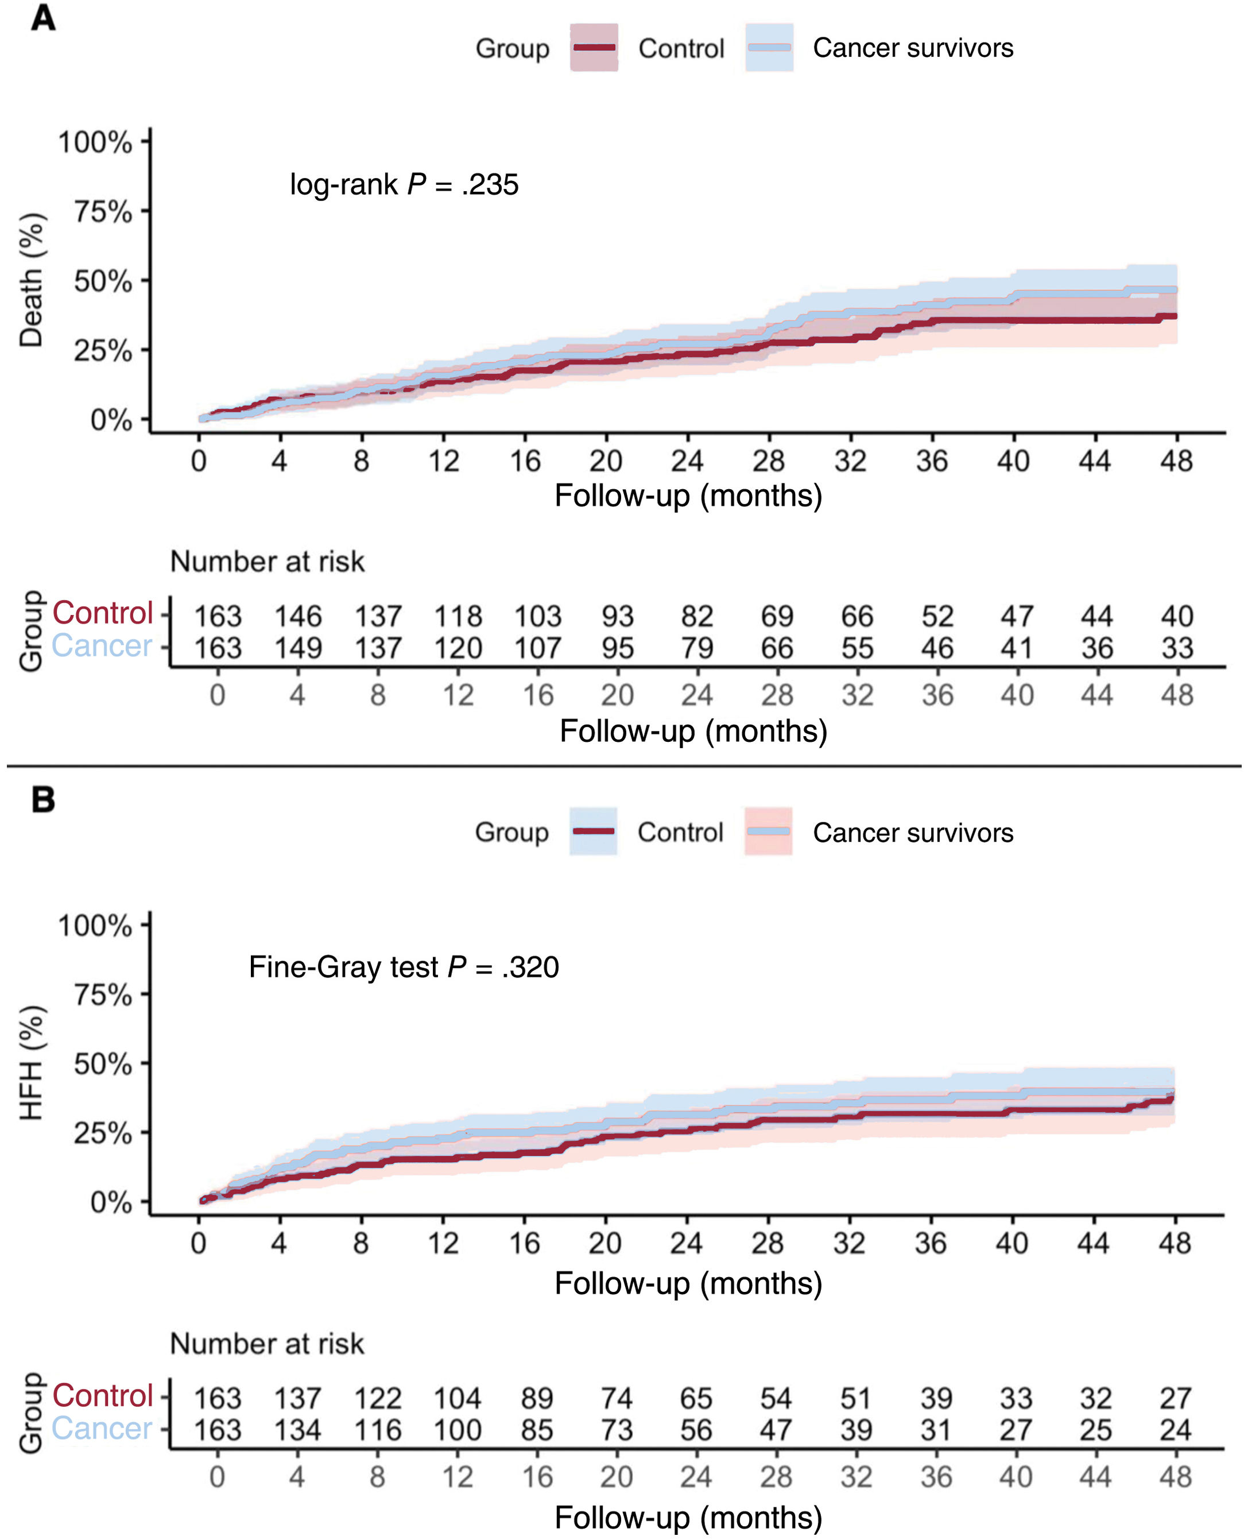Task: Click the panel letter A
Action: tap(43, 18)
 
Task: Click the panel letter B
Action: tap(43, 799)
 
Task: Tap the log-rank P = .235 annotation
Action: tap(404, 185)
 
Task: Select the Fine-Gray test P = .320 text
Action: tap(404, 968)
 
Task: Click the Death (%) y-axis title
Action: tap(31, 280)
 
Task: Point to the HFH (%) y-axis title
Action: tap(31, 1063)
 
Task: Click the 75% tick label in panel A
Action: tap(103, 212)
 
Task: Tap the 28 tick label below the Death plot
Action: tap(768, 461)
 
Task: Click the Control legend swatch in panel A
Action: tap(594, 47)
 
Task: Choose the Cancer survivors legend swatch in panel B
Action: tap(768, 831)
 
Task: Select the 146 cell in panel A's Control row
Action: tap(298, 616)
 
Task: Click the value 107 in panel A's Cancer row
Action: tap(537, 648)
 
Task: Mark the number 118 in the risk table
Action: tap(458, 616)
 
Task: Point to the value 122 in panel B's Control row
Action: tap(378, 1398)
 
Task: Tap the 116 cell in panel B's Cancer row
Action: tap(378, 1430)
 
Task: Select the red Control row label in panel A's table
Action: tap(103, 613)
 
